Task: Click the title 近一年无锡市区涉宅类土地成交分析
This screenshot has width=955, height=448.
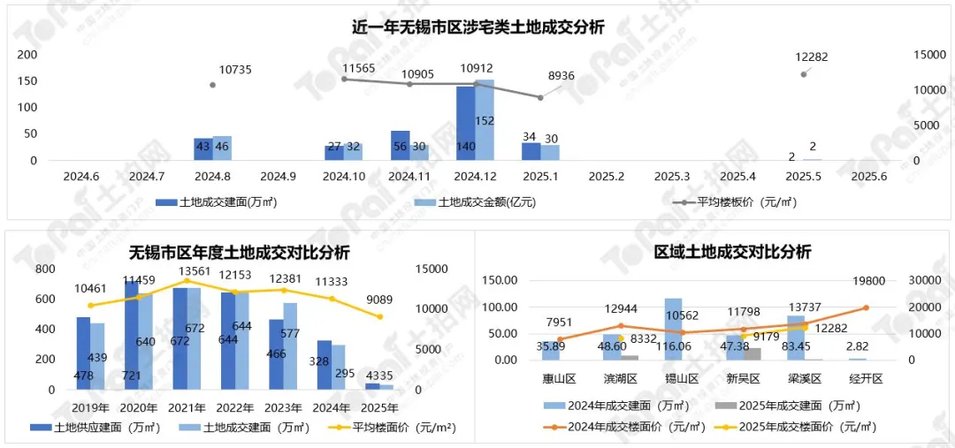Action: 477,27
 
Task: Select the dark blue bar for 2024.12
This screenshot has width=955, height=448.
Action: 466,124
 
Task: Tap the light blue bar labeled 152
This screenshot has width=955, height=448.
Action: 485,120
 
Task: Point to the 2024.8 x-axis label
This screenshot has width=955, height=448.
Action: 212,177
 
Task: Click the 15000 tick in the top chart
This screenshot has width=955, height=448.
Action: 929,55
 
